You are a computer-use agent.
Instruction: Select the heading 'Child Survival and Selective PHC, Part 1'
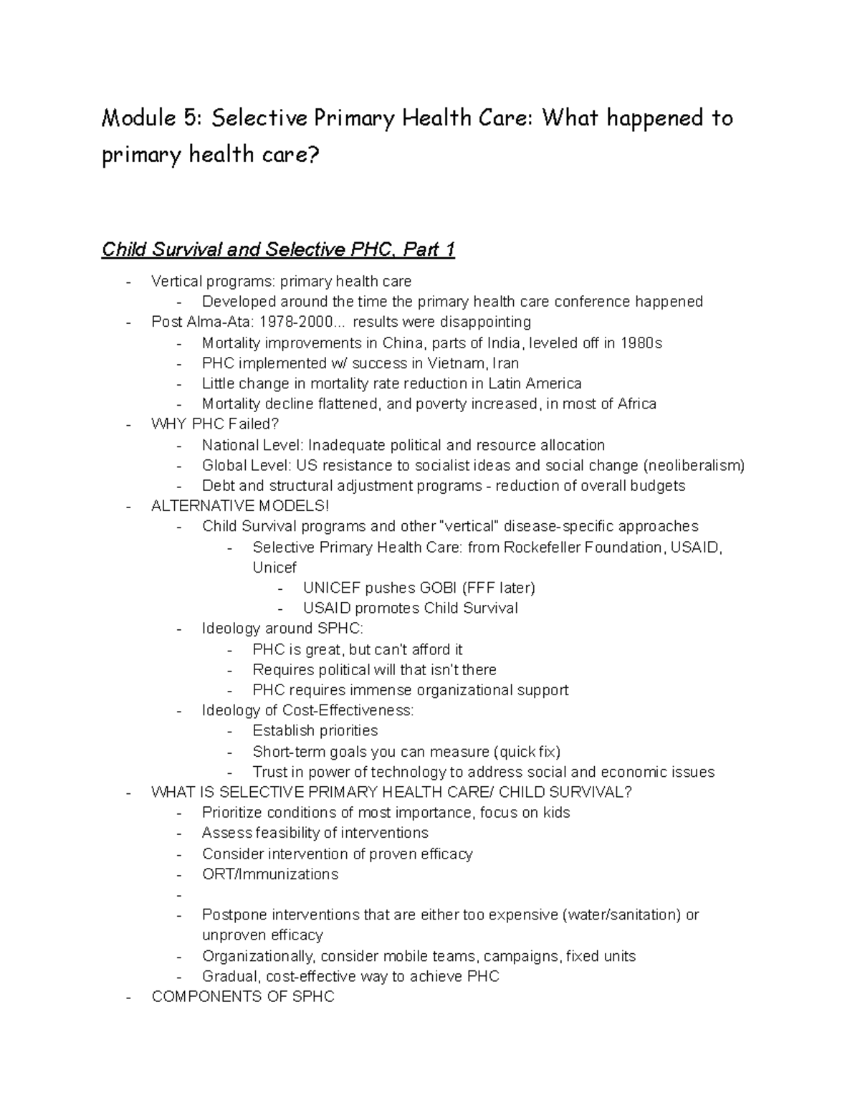(278, 249)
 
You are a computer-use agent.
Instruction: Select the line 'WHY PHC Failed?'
(214, 424)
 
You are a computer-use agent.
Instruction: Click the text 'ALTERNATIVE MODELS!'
(240, 506)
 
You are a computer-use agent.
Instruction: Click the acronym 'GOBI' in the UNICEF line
(438, 588)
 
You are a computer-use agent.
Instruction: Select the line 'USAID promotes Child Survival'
(410, 608)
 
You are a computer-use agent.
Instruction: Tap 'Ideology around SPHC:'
(282, 629)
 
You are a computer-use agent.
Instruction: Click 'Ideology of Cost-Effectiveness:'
(307, 710)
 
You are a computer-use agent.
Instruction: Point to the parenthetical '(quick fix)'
(527, 752)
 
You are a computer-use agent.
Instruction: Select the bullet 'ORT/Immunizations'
(269, 874)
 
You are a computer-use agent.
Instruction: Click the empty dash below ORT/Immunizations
(178, 895)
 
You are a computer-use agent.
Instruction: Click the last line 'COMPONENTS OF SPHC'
(242, 997)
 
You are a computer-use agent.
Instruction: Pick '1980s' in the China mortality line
(641, 343)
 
